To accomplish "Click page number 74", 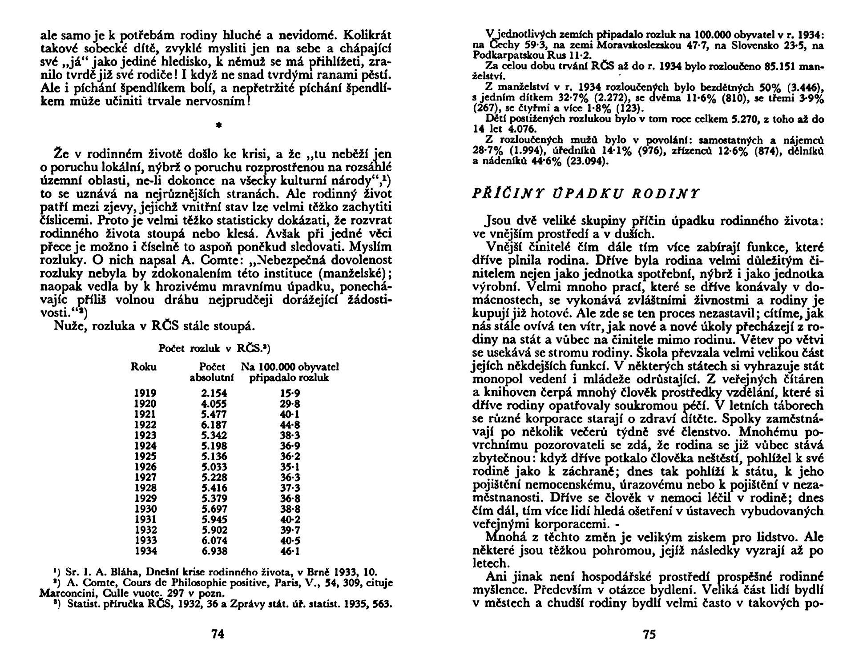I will [x=217, y=635].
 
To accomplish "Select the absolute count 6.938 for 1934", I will [x=214, y=551].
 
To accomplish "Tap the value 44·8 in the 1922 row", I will [x=290, y=425].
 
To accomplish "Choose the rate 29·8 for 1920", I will [x=290, y=404].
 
